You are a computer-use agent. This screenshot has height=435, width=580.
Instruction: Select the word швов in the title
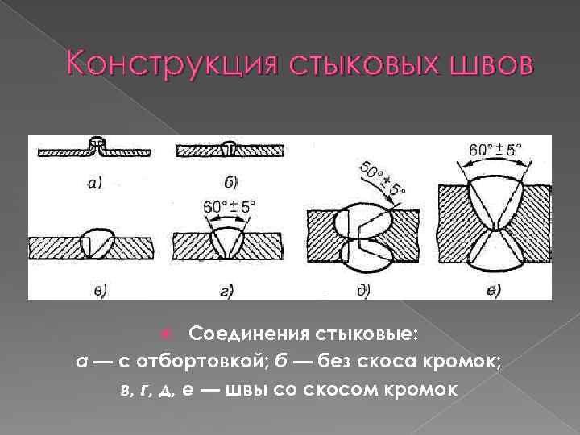point(483,62)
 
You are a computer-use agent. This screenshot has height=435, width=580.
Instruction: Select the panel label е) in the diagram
point(493,288)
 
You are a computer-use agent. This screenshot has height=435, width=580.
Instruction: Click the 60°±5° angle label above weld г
point(229,206)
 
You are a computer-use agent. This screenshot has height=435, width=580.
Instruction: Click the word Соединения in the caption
point(247,333)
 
